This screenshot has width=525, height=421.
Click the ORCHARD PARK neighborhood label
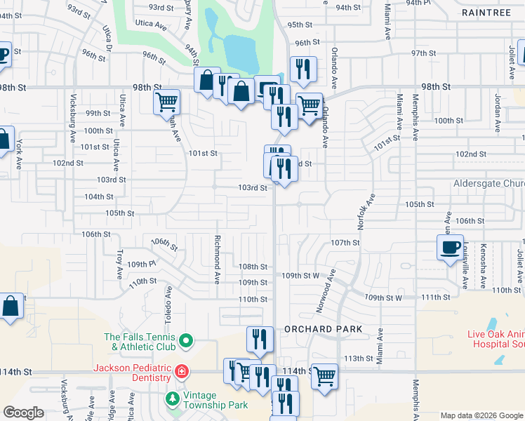point(324,328)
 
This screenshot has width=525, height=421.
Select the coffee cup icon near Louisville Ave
point(449,247)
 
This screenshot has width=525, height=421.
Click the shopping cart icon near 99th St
point(166,102)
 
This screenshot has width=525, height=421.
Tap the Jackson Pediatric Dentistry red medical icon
point(181,370)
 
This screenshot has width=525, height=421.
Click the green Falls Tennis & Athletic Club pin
point(186,342)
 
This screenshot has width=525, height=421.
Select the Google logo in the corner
point(23,412)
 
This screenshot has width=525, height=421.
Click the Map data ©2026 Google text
point(481,416)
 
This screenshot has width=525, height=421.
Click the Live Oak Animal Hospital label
point(496,339)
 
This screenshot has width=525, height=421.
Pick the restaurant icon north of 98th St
point(303,69)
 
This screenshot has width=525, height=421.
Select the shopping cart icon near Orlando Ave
point(309,106)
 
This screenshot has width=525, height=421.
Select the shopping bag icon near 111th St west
point(11,307)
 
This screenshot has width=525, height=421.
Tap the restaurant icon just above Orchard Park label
point(260,340)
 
